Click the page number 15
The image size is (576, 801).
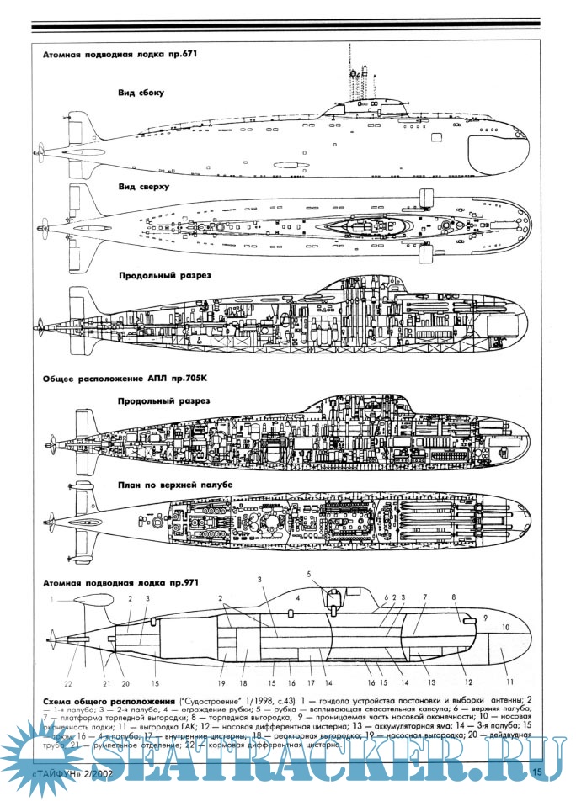[536, 772]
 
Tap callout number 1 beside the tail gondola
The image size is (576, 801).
[51, 599]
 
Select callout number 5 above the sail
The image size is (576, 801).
[309, 575]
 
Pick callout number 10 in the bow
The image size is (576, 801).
[506, 628]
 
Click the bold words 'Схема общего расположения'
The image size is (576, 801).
[104, 700]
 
